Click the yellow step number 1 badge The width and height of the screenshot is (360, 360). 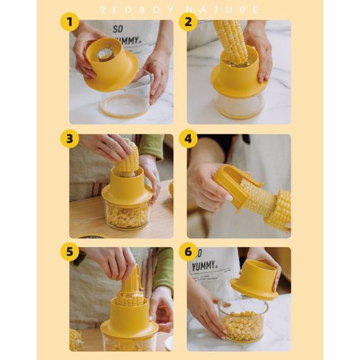click(70, 22)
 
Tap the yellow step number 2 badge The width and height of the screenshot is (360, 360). click(188, 22)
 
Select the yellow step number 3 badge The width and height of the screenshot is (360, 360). click(70, 139)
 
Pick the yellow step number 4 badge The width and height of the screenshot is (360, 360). click(188, 139)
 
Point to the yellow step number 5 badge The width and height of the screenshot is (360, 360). click(70, 252)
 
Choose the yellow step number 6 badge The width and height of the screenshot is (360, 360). click(188, 252)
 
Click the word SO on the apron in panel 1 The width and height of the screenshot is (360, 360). click(118, 29)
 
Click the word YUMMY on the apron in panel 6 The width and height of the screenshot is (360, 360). click(204, 266)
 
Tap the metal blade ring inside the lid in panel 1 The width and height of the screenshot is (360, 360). click(105, 54)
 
